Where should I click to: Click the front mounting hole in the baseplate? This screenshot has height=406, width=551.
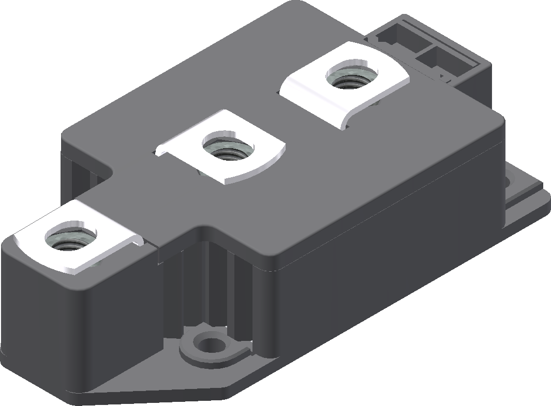pos(209,342)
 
